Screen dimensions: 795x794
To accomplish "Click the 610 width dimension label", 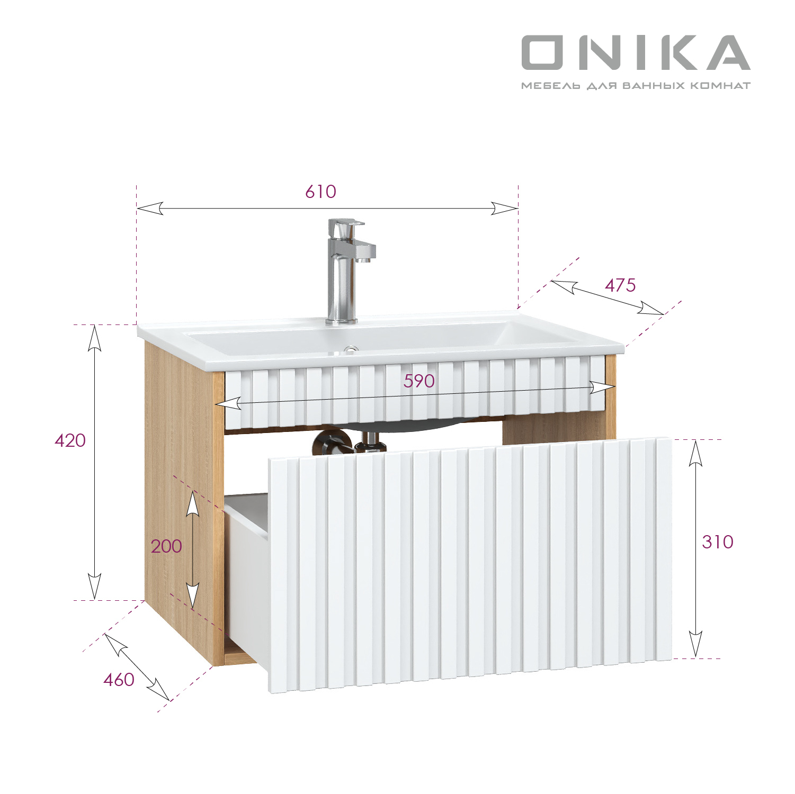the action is (320, 192).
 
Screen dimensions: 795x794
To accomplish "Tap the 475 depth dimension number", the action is (620, 285).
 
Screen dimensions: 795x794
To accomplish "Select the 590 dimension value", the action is (419, 381).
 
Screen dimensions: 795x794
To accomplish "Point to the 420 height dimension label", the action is (70, 440).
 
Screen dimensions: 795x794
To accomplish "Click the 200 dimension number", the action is (166, 546).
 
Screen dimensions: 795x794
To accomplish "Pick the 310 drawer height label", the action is (718, 542).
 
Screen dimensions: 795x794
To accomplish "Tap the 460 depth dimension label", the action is (119, 680).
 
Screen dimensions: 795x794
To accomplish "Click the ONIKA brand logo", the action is (636, 52).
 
